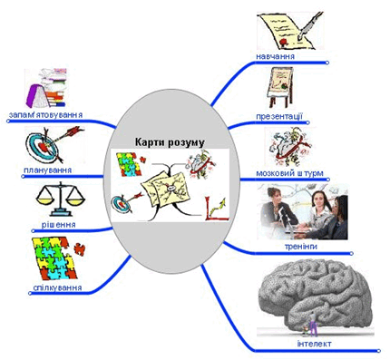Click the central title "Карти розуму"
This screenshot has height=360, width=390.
click(x=170, y=142)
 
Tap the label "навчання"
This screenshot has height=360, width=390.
click(x=275, y=56)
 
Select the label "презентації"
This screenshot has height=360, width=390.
click(x=279, y=116)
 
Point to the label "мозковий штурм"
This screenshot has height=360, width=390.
click(x=289, y=173)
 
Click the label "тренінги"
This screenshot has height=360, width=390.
click(x=301, y=247)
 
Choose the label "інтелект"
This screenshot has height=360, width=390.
click(x=315, y=344)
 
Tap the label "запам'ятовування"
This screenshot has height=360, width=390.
click(x=45, y=115)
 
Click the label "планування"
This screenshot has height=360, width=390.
click(x=48, y=170)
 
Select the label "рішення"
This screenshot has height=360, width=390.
click(x=59, y=225)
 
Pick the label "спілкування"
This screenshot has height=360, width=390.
click(x=57, y=287)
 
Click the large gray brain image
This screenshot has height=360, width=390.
click(x=317, y=297)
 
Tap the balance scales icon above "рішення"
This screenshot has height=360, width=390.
click(x=61, y=199)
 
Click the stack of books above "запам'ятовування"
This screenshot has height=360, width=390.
click(x=46, y=88)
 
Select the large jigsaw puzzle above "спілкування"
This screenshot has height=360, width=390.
click(x=54, y=258)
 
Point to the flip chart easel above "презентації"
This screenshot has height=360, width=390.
click(x=280, y=87)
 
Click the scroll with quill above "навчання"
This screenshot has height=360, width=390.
click(x=289, y=31)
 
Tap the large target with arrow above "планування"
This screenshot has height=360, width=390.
click(x=54, y=143)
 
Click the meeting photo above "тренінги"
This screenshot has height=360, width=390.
click(x=302, y=212)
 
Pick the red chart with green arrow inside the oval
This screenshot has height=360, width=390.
click(x=216, y=209)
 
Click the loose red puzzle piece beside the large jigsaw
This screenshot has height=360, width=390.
click(x=80, y=249)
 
